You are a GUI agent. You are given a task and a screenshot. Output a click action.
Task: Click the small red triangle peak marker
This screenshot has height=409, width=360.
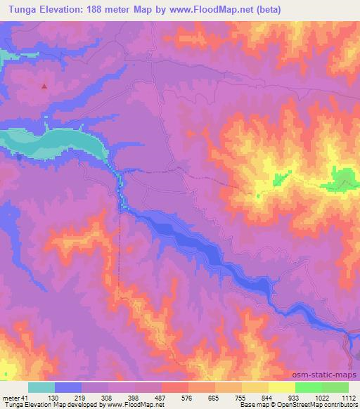(44, 86)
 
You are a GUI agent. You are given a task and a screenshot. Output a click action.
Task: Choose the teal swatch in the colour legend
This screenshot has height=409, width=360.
(41, 387)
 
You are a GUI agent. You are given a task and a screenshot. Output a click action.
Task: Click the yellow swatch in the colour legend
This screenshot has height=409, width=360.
(282, 387)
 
